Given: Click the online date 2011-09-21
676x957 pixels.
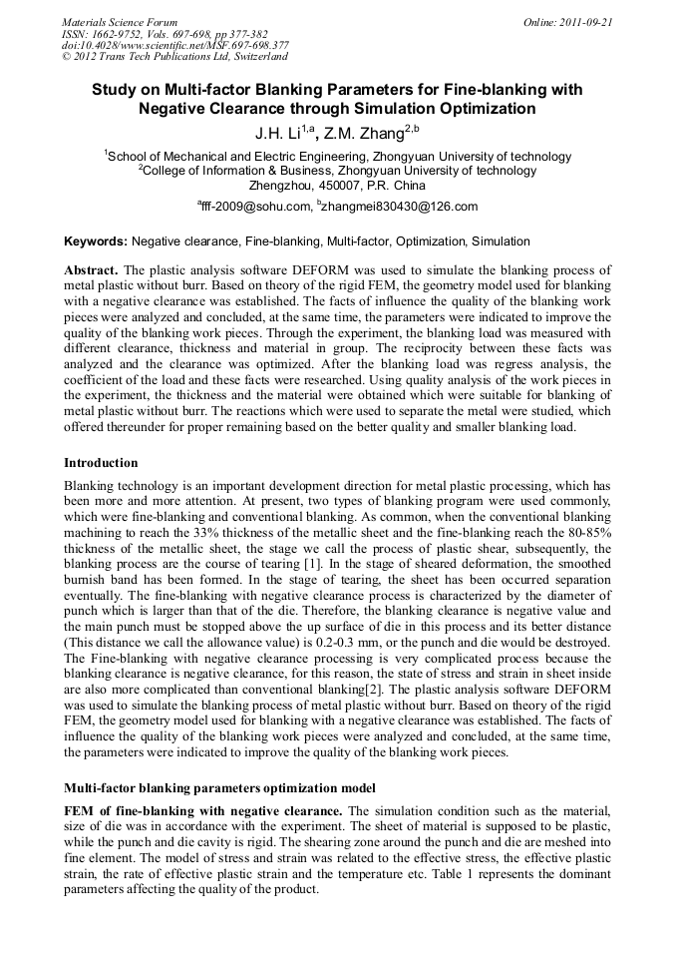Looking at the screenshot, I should (587, 21).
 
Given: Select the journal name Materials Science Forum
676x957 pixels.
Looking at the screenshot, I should (120, 21).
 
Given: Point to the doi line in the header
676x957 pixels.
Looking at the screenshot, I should (175, 45).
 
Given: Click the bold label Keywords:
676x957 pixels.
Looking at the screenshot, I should (96, 241).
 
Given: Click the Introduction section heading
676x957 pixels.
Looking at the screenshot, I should (101, 463).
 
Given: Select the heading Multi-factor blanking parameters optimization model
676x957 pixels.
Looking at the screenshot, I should (219, 788).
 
